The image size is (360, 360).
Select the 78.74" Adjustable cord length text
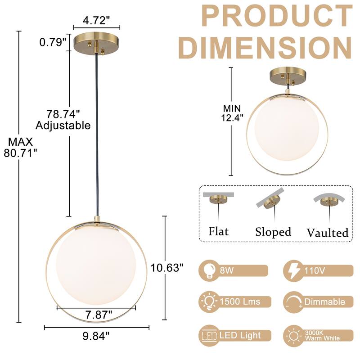click(x=63, y=120)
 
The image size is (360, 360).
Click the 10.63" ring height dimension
click(x=167, y=268)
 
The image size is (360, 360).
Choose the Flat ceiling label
click(x=218, y=231)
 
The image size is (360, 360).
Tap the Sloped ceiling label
click(x=273, y=232)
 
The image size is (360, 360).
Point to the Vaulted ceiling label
click(x=328, y=233)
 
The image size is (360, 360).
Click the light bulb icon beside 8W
click(x=208, y=270)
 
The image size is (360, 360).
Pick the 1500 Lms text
click(x=239, y=301)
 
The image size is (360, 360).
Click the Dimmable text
click(x=324, y=301)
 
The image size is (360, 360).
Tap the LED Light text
click(x=240, y=335)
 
